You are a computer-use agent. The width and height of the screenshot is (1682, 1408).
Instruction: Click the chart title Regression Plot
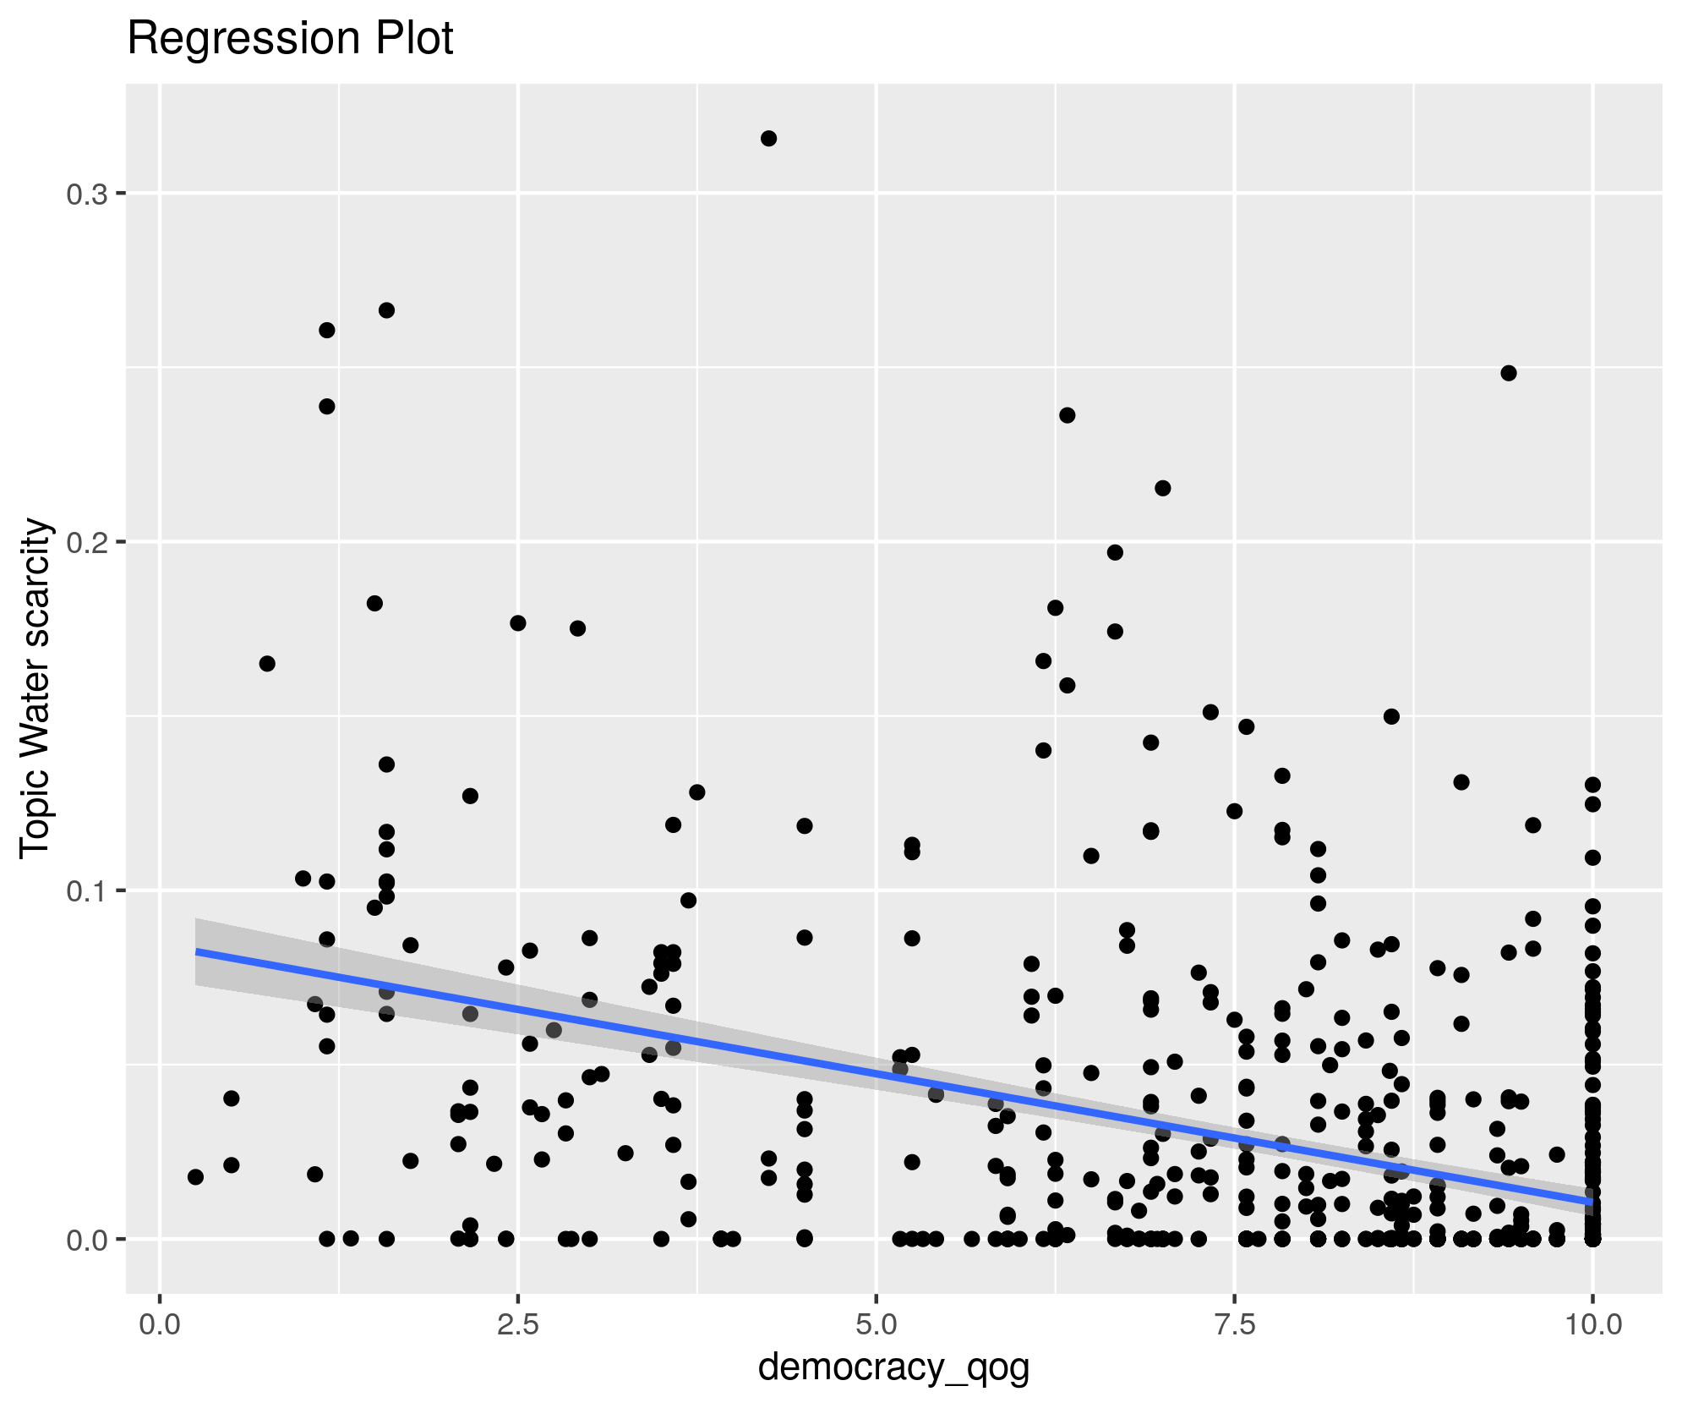click(x=290, y=39)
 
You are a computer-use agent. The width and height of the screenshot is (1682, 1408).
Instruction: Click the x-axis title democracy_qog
click(x=893, y=1367)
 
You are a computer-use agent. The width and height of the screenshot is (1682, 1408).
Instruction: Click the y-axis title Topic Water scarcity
click(x=36, y=688)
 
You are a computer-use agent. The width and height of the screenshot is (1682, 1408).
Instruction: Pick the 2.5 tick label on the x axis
click(x=517, y=1323)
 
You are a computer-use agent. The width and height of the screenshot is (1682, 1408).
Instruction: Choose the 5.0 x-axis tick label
click(x=876, y=1323)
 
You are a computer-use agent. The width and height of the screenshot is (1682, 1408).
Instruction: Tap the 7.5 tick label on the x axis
click(x=1235, y=1323)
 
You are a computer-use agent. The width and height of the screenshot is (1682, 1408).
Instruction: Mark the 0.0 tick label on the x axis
click(x=159, y=1323)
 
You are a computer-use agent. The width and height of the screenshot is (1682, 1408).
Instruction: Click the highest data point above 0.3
click(x=768, y=139)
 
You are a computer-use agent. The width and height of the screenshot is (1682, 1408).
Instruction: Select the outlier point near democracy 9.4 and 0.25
click(x=1509, y=373)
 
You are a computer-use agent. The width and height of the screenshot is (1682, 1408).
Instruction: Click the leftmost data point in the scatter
click(x=195, y=1177)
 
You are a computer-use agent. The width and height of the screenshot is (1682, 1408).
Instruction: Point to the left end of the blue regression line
click(x=197, y=951)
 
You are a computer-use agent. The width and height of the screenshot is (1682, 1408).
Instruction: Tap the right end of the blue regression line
click(x=1592, y=1201)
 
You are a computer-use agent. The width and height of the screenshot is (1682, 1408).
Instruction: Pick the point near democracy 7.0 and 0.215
click(x=1163, y=488)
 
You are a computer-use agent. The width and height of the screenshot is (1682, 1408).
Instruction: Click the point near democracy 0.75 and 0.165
click(x=267, y=663)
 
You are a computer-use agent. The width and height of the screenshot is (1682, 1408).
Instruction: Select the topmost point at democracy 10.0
click(x=1592, y=785)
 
